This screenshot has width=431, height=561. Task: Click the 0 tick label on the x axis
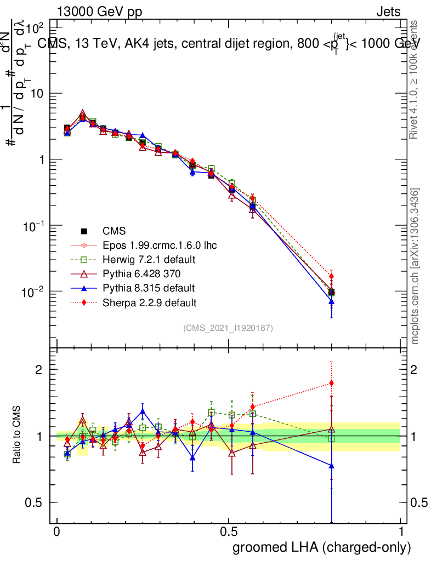[56, 532]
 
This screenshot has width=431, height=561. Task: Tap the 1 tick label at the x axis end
[401, 532]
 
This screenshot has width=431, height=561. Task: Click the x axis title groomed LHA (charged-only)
[322, 547]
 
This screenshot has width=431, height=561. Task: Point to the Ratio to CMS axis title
[17, 435]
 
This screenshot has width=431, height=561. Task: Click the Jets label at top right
[388, 12]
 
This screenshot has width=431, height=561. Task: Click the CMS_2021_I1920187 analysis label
[228, 328]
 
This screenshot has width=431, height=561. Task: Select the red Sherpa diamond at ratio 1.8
[331, 383]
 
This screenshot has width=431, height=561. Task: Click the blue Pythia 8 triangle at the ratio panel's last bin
[331, 466]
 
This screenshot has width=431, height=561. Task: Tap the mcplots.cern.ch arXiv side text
[416, 266]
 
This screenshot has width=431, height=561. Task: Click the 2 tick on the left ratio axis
[39, 369]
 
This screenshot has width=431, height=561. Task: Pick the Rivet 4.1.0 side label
[416, 79]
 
